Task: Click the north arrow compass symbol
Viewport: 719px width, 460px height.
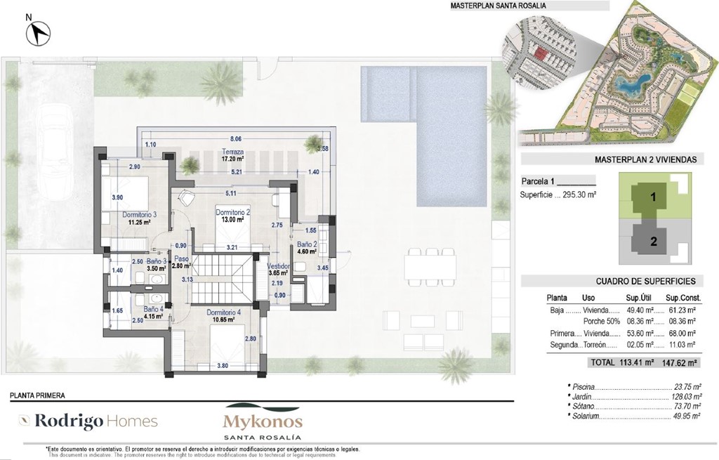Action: point(35,32)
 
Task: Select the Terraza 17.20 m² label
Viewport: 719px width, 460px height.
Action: point(232,155)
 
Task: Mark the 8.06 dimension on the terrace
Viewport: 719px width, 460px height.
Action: point(235,139)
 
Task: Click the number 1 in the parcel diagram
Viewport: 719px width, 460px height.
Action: point(653,198)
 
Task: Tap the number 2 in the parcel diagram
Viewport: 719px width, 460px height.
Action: point(653,242)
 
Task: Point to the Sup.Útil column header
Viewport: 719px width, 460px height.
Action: point(640,298)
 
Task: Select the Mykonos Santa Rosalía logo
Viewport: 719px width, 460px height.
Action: point(263,422)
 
